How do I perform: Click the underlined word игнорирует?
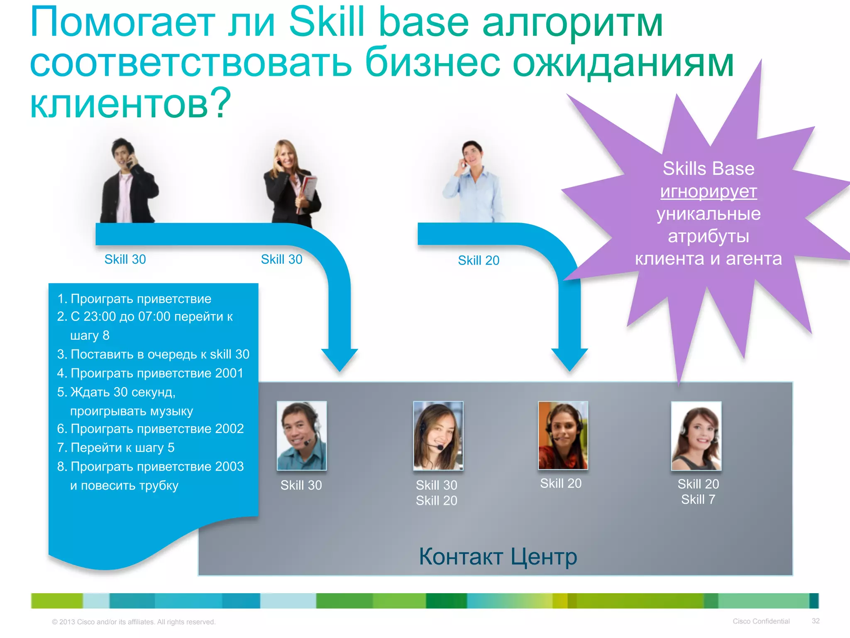[x=708, y=191]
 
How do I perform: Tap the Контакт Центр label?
[x=498, y=557]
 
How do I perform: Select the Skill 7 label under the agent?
[x=698, y=499]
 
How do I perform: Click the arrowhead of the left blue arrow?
[x=340, y=360]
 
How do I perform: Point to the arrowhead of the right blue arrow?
[x=569, y=360]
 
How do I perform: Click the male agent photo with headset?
[x=302, y=436]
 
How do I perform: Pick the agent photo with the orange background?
[x=563, y=435]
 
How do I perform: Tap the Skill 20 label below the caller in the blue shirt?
[x=478, y=260]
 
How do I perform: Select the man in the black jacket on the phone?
[x=129, y=183]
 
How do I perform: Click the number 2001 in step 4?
[x=229, y=373]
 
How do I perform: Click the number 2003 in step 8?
[x=229, y=466]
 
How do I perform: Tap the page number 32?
[x=816, y=621]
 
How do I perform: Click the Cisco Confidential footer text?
[x=761, y=621]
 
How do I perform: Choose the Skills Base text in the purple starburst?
[x=708, y=169]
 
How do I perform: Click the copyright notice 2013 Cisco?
[x=133, y=622]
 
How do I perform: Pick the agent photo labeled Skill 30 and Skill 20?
[x=438, y=436]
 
